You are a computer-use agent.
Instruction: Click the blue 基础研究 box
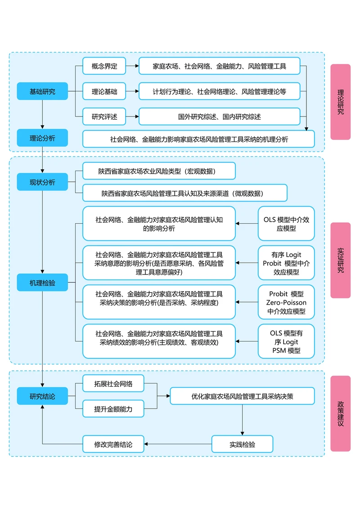click(x=42, y=91)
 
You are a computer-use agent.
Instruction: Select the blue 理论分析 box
click(x=42, y=138)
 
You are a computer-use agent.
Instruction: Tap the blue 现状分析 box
click(x=42, y=182)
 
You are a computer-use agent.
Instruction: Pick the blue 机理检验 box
click(x=42, y=283)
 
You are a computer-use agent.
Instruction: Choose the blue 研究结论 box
click(x=42, y=396)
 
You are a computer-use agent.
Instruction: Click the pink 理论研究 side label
click(x=340, y=102)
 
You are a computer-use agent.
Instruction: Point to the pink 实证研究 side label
click(x=340, y=260)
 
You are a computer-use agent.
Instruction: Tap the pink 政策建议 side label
click(x=340, y=414)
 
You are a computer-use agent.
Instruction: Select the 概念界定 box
click(x=104, y=66)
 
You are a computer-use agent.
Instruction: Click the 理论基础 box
click(x=104, y=91)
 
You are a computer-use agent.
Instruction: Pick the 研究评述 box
click(x=104, y=117)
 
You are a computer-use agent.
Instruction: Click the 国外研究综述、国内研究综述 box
click(x=219, y=117)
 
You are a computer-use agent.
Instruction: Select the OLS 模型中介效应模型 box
click(x=286, y=224)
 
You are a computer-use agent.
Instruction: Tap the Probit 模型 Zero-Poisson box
click(x=286, y=302)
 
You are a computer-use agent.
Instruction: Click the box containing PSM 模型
click(x=286, y=341)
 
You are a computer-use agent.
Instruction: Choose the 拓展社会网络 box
click(x=113, y=383)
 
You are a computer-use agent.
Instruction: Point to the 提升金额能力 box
click(x=113, y=409)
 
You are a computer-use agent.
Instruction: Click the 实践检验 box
click(x=242, y=444)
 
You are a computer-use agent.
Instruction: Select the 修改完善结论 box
click(x=113, y=444)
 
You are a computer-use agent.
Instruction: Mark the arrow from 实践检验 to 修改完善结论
click(x=178, y=444)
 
